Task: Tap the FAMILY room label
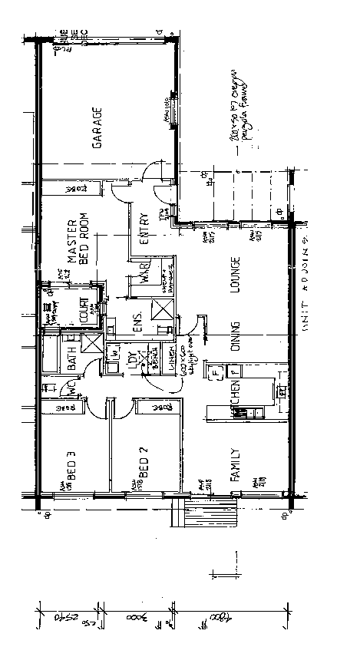tap(236, 465)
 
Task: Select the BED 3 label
tap(71, 464)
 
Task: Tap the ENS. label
tap(139, 322)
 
